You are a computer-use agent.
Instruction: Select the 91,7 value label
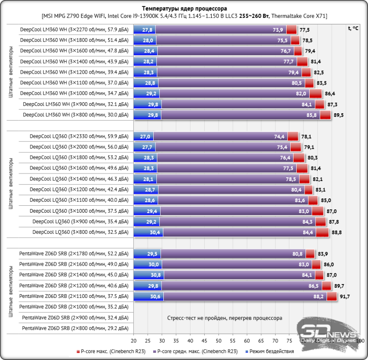344,296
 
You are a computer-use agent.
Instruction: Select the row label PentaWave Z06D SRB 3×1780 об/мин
74,253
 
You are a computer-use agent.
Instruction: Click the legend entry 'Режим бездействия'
273,351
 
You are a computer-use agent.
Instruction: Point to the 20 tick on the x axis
133,341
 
